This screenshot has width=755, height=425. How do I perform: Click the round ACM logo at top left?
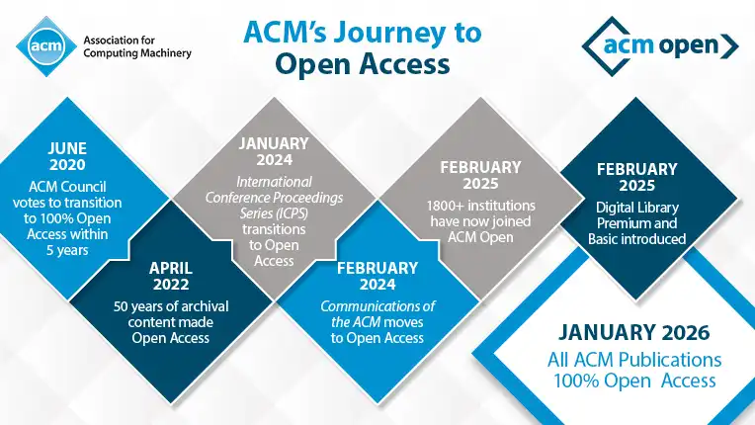point(46,46)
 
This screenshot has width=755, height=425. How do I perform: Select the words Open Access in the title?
point(363,64)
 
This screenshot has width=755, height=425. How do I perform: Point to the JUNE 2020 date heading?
point(67,156)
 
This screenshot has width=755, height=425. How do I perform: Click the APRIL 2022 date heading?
point(170,276)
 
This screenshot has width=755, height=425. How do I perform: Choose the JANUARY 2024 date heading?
point(274,151)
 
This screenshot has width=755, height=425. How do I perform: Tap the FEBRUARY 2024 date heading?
point(377,276)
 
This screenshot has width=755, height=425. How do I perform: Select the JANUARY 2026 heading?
point(634,333)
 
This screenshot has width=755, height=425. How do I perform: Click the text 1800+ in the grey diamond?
point(446,206)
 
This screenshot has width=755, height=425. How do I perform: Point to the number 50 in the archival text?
point(121,306)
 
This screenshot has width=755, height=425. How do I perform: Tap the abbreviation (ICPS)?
point(291,213)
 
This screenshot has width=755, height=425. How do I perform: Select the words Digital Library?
point(637,208)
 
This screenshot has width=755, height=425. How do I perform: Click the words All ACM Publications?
point(634,360)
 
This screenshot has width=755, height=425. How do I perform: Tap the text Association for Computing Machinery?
point(137,46)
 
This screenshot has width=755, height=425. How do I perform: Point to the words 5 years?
point(67,250)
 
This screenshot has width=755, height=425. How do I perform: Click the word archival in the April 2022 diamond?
point(207,306)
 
